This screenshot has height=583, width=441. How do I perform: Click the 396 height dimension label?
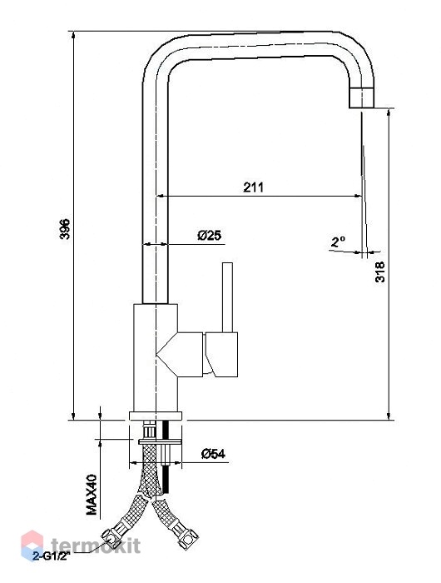[x=65, y=229]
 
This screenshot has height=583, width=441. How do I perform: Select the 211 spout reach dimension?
[x=254, y=187]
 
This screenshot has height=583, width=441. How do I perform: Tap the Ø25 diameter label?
[x=210, y=235]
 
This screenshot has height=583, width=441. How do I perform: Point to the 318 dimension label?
[x=379, y=272]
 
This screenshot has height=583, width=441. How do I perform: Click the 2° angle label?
[x=338, y=242]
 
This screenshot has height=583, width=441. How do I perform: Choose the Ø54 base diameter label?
[x=213, y=454]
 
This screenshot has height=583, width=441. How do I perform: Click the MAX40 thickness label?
[x=92, y=495]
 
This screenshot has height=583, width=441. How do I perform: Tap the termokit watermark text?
[x=96, y=546]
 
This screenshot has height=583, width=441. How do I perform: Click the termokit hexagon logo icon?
[x=32, y=545]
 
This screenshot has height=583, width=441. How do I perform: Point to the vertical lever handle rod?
[x=227, y=297]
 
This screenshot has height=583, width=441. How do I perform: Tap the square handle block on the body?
[x=222, y=354]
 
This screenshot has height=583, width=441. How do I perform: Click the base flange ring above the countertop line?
[x=156, y=416]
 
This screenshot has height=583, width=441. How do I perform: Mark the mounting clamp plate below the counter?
[x=160, y=441]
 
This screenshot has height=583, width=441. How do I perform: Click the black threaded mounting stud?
[x=166, y=457]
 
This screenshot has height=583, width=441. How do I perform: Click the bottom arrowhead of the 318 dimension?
[x=389, y=416]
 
